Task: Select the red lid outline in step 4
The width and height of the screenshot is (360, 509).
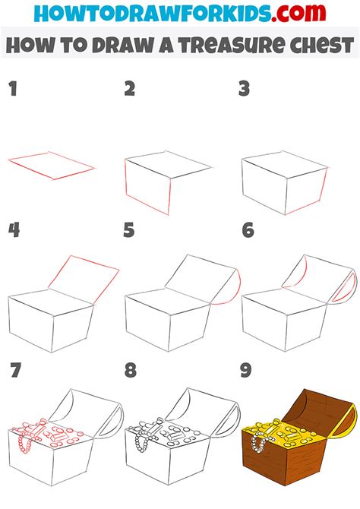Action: click(x=85, y=272)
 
